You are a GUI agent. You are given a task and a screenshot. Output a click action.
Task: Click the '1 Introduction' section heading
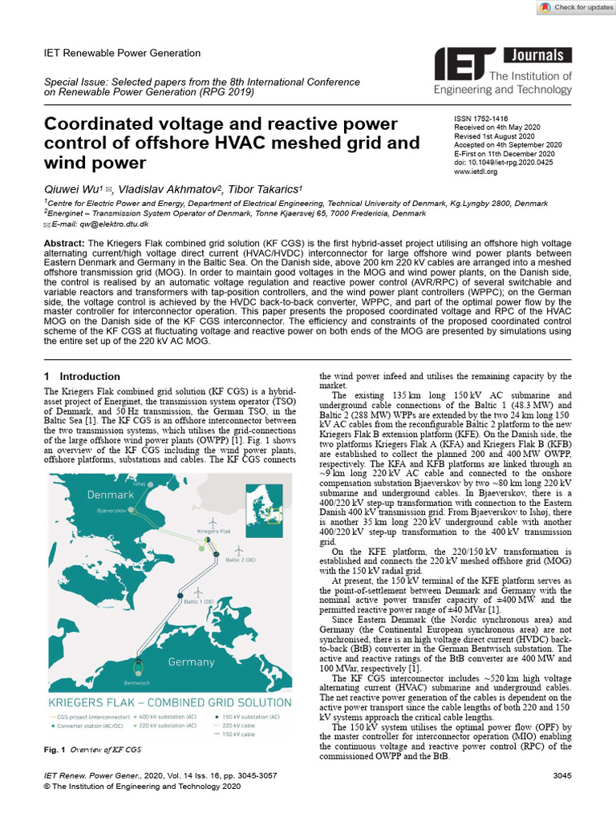tap(82, 376)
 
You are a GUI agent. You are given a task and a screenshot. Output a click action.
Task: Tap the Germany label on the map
tap(191, 662)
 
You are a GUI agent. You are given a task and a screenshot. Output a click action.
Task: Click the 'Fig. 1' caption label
tap(53, 749)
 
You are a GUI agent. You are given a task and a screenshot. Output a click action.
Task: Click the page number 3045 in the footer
tap(562, 776)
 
